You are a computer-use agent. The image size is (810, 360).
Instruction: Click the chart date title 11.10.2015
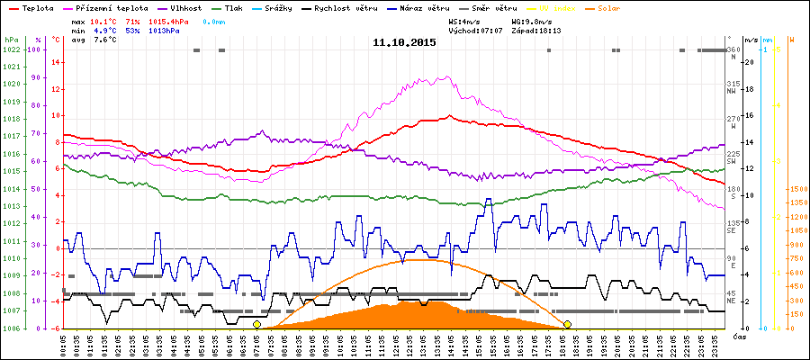pos(404,42)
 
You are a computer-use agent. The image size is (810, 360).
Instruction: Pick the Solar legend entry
pos(609,7)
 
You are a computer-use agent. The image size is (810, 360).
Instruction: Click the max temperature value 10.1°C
pos(105,19)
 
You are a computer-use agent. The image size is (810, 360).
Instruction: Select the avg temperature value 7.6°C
pos(105,39)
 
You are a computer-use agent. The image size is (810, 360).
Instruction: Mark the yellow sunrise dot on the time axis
pos(257,324)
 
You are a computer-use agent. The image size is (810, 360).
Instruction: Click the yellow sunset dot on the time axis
pos(567,324)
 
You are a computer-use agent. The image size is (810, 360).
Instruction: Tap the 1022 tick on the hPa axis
pos(12,49)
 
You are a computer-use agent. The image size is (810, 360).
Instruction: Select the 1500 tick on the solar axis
pos(796,190)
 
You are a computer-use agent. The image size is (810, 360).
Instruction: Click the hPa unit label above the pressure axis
pos(11,40)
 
